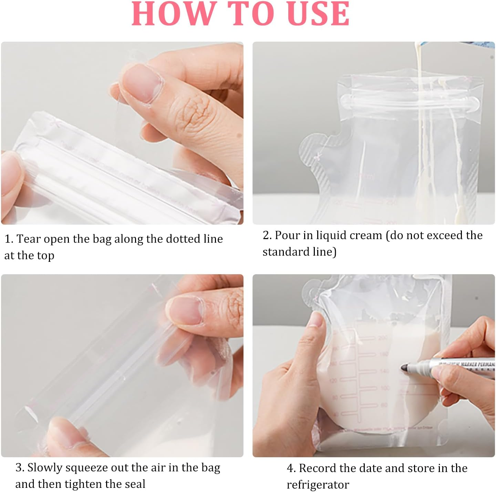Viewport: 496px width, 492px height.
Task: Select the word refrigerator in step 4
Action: (x=318, y=485)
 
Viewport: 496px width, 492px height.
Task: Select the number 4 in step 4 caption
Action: (x=290, y=468)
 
